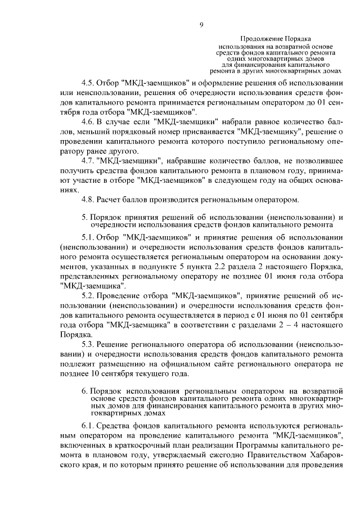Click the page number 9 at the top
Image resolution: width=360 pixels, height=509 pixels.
tap(201, 24)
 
